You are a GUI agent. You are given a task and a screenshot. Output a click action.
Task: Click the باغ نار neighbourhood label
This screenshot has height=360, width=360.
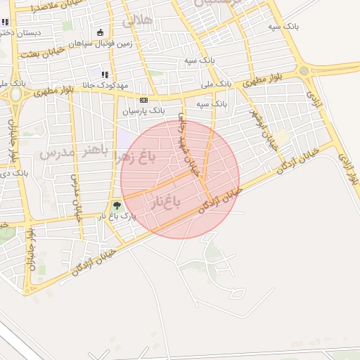[x=165, y=203]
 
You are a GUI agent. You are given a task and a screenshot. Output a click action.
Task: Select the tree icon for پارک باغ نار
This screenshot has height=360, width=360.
[x=117, y=206]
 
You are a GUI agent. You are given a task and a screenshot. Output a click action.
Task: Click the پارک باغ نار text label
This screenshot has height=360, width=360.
[x=116, y=217]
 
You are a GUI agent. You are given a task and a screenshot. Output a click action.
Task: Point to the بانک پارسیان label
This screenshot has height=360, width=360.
[x=143, y=111]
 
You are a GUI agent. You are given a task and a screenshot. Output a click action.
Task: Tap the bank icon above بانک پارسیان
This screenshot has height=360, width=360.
[x=143, y=101]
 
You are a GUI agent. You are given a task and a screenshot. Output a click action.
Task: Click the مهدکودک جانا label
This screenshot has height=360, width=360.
[x=105, y=85]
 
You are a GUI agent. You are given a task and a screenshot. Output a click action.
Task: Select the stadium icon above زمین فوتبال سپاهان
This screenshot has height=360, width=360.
[x=100, y=32]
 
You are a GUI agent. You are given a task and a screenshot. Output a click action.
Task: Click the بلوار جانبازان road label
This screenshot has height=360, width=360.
[x=31, y=250]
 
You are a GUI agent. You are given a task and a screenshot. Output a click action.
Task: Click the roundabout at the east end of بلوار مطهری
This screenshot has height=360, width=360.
[x=303, y=71]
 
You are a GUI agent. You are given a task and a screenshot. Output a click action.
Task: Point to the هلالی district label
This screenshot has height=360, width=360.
[x=138, y=20]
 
